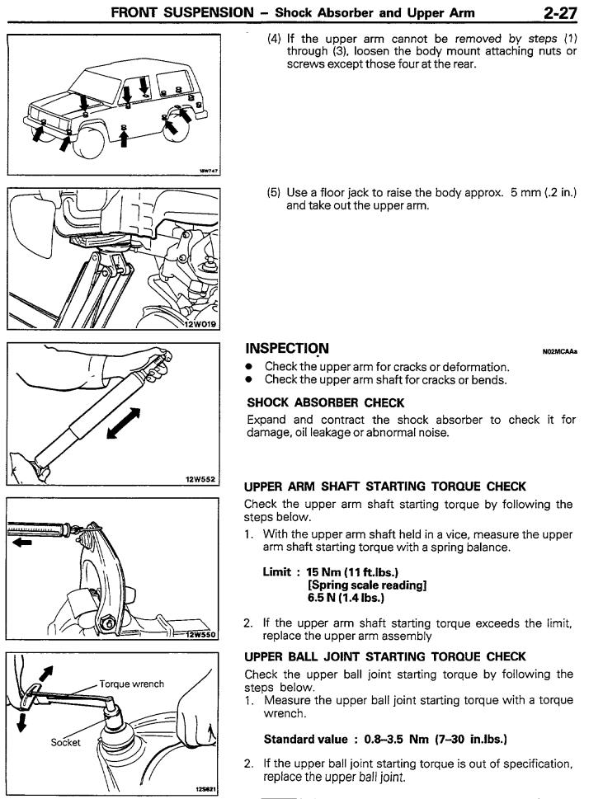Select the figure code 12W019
[x=202, y=324]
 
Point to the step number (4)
[x=275, y=39]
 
